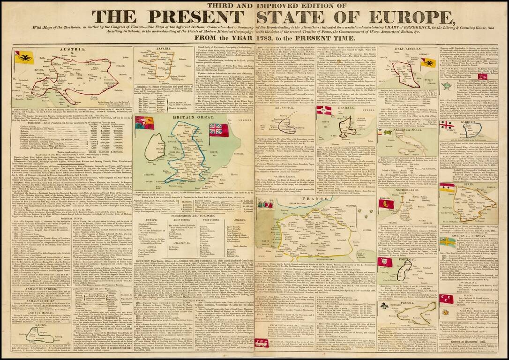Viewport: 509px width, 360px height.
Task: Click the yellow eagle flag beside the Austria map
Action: pos(22,57)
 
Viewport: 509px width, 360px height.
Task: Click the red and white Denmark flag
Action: pos(323,111)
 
